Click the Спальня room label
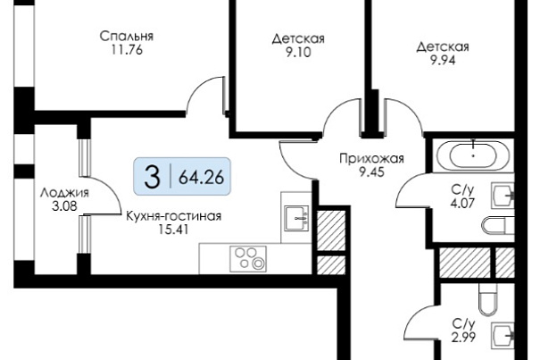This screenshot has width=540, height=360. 127,37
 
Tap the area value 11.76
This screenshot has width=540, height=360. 127,50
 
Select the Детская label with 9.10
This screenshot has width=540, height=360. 298,38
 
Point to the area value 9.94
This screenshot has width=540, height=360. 443,61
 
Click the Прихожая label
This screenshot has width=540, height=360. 371,159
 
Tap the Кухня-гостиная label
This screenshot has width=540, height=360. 173,216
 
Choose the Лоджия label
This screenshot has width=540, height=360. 64,193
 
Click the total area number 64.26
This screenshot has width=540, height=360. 202,177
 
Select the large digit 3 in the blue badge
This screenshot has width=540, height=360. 153,177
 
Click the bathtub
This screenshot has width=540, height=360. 474,155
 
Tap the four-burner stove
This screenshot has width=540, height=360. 248,259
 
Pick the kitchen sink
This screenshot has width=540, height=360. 296,218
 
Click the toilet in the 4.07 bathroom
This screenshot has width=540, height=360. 498,225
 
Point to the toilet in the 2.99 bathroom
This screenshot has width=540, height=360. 488,299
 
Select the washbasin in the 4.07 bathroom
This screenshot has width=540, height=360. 503,196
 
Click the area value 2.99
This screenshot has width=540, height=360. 463,337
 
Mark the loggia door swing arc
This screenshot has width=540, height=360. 110,190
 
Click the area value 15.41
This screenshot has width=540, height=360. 173,230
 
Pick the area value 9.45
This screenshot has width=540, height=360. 371,172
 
